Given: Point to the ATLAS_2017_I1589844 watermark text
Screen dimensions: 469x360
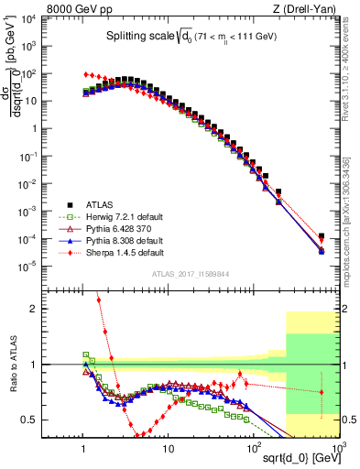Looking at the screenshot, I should click(193, 273).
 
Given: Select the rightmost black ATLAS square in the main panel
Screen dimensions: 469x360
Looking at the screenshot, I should click(322, 235).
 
